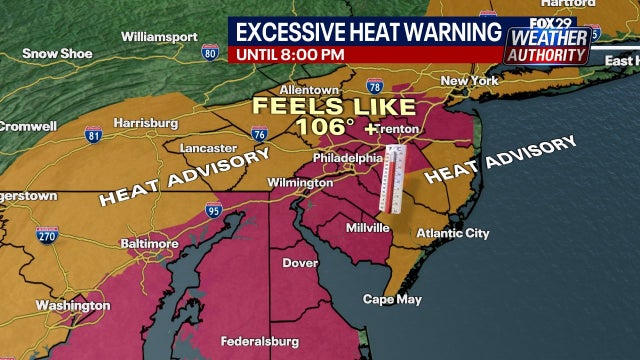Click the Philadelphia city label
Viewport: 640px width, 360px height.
tap(343, 158)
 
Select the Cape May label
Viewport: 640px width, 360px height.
tap(392, 299)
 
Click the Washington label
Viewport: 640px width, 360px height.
tap(71, 305)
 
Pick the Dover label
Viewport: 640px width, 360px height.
tap(300, 264)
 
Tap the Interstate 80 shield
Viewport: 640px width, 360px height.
tap(209, 51)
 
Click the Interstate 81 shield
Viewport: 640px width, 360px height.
tap(95, 135)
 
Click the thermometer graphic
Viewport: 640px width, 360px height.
tap(394, 180)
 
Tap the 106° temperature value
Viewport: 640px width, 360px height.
tap(328, 127)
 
